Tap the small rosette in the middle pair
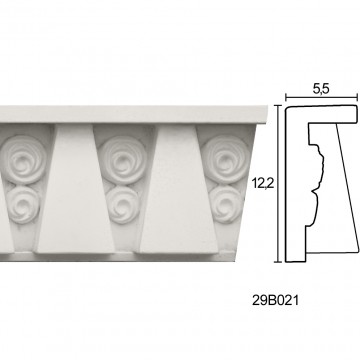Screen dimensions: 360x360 click(x=124, y=205)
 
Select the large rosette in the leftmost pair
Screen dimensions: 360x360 click(x=23, y=160)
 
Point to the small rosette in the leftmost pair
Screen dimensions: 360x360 click(x=23, y=205)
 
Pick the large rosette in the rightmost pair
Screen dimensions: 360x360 click(x=225, y=159)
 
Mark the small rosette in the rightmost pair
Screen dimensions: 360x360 click(x=227, y=204)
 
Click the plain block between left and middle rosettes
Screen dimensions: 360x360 click(x=75, y=189)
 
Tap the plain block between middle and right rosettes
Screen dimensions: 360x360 click(x=179, y=189)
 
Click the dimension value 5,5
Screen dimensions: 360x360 click(x=321, y=89)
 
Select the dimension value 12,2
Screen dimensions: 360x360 click(x=263, y=184)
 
